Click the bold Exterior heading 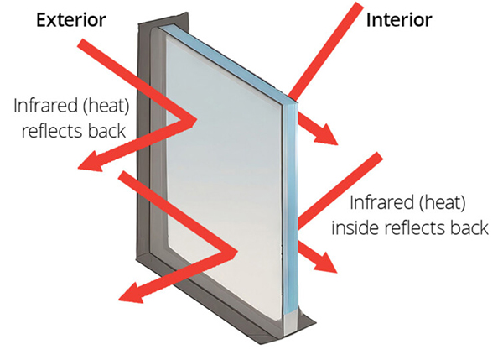71,20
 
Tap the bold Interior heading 399,20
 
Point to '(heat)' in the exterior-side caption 106,106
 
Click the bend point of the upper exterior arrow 193,120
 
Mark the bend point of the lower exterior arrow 234,253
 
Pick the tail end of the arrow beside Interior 360,4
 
